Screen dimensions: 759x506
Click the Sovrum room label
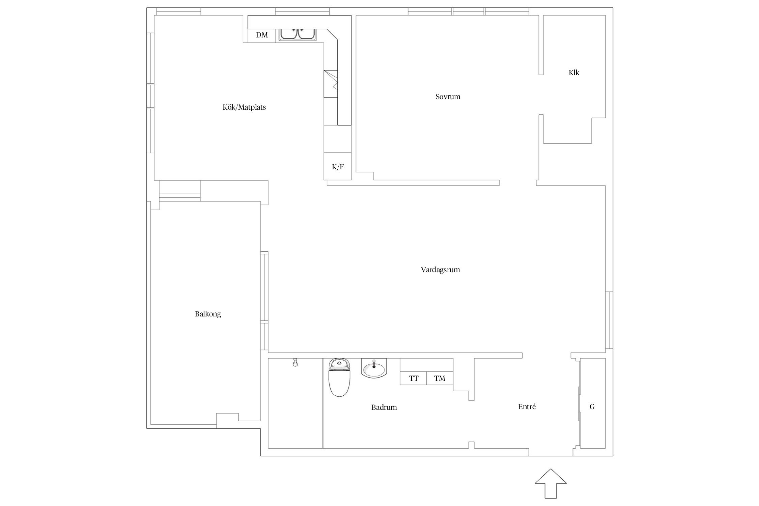[x=448, y=97]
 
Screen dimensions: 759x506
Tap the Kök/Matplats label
[x=244, y=107]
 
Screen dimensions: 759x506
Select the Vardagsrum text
[x=440, y=270]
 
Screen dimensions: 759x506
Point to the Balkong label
[x=208, y=314]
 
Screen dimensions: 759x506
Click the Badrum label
[x=384, y=407]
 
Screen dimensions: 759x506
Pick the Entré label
[x=527, y=407]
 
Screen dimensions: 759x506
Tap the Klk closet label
[x=574, y=73]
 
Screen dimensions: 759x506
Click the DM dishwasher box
[x=262, y=35]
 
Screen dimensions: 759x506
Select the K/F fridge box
[x=338, y=166]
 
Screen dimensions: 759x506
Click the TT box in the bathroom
[x=414, y=378]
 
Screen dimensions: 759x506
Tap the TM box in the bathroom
[x=440, y=378]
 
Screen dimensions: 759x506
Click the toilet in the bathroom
[x=339, y=377]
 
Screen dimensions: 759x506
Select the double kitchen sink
[x=297, y=35]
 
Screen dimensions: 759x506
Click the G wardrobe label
[x=592, y=407]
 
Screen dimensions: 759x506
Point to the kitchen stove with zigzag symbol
[x=331, y=84]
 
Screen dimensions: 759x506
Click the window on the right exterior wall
[x=609, y=320]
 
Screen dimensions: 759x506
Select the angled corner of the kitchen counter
[x=332, y=35]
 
